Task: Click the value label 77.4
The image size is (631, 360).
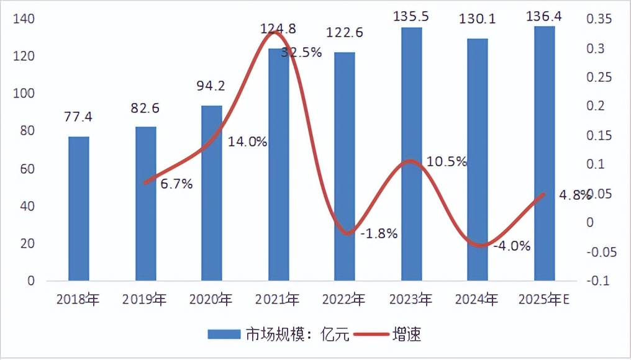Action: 78,117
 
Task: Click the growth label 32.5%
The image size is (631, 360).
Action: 301,53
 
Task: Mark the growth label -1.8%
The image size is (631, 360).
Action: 379,234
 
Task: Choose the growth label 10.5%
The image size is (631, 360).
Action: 447,162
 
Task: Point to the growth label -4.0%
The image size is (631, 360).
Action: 512,246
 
